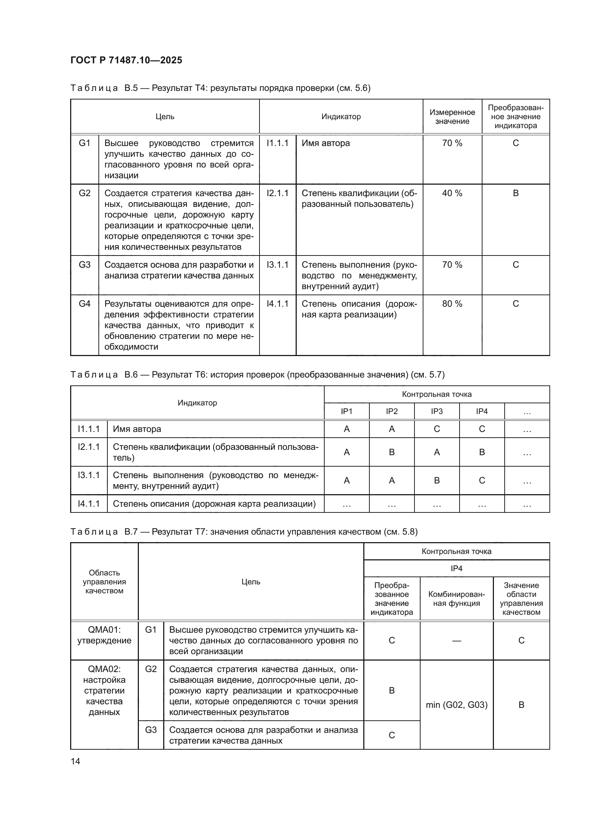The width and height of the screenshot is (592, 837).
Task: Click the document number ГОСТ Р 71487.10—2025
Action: coord(126,60)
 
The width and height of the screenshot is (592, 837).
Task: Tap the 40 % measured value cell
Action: coord(452,193)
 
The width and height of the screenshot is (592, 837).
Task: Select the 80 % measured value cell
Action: coord(452,304)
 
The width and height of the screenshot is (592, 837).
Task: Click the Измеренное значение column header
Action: coord(452,117)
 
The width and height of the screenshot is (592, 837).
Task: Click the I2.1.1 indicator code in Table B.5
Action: coord(277,193)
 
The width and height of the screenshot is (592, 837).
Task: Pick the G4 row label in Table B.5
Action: coord(84,304)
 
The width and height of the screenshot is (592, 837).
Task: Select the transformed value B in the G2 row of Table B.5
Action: coord(515,193)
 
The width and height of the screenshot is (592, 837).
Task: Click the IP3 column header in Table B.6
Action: coord(437,412)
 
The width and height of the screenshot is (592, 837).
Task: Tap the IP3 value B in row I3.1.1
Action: coord(437,481)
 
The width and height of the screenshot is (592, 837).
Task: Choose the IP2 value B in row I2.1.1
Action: coord(392,452)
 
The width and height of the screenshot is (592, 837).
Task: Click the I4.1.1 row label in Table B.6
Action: coord(88,504)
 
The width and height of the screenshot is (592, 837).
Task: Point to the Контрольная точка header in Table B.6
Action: coord(437,394)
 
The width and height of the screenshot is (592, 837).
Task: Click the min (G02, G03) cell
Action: coord(456,705)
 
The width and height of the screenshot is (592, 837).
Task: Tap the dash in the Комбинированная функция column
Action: coord(456,641)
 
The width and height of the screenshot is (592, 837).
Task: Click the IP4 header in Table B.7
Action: coord(456,568)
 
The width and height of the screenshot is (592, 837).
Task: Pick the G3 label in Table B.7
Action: coord(151,730)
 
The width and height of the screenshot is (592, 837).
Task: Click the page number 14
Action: coord(76,761)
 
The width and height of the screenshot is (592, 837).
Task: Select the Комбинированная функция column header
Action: coord(456,599)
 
